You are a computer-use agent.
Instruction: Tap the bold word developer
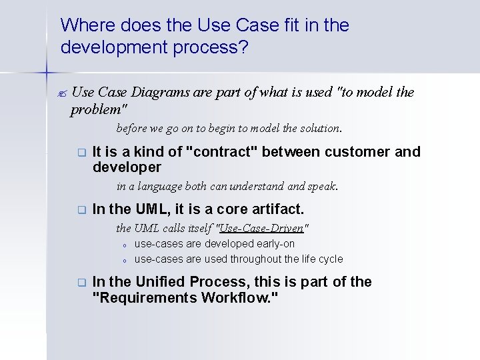coord(127,167)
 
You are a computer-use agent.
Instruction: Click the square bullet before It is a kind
coord(81,153)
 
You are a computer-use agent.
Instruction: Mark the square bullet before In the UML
coord(81,209)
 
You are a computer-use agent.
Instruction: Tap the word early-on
coord(275,244)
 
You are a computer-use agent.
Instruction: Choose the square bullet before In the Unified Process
coord(81,283)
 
